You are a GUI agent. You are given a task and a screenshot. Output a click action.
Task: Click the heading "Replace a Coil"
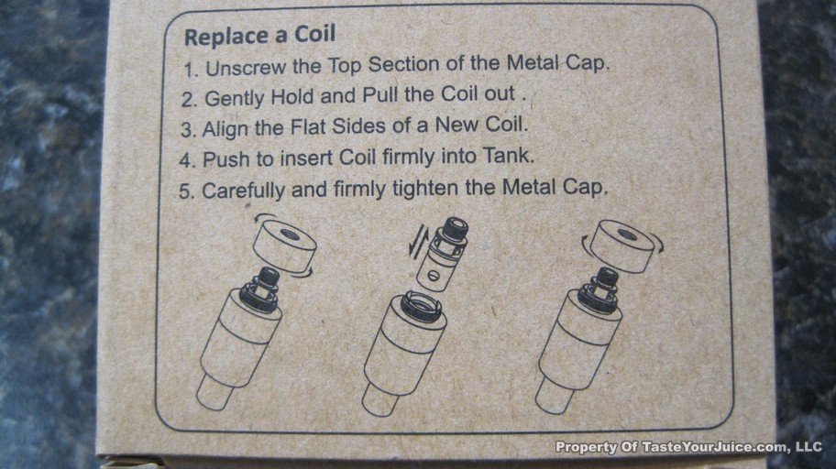[259, 36]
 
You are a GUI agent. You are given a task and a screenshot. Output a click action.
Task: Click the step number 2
[189, 100]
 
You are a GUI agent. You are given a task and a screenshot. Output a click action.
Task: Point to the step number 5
[187, 191]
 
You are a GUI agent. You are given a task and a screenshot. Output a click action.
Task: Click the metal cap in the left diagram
[284, 246]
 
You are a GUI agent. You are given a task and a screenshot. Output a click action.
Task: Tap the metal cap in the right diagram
[621, 245]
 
